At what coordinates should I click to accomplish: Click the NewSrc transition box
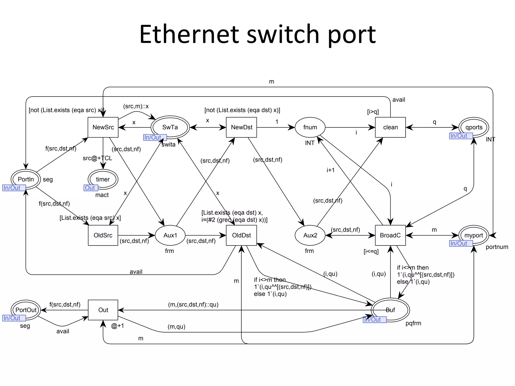(103, 127)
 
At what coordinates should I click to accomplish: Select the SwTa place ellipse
(170, 127)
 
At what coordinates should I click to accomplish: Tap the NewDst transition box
(241, 127)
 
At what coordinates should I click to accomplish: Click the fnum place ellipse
(310, 127)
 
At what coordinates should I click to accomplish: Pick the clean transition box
(390, 127)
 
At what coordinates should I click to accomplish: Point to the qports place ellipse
(474, 127)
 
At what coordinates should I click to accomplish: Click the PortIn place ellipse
(26, 179)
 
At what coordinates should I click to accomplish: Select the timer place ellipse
(103, 179)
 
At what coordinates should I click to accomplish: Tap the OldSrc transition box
(103, 235)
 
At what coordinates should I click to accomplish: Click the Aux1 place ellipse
(170, 235)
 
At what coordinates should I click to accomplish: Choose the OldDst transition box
(241, 235)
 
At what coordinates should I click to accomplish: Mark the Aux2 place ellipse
(310, 235)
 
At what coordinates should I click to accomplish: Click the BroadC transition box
(390, 235)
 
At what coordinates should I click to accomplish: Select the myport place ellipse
(474, 235)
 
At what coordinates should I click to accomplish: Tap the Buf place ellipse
(390, 310)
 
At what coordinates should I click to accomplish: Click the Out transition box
(103, 310)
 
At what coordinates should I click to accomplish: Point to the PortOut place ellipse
(26, 310)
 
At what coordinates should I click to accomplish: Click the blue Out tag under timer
(90, 188)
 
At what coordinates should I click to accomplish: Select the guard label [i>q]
(373, 112)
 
